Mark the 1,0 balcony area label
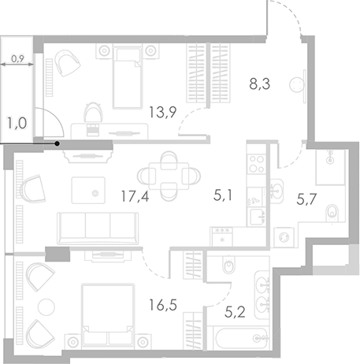17,124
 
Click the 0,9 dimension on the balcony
17,56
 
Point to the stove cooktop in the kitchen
257,164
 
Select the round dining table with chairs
165,173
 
